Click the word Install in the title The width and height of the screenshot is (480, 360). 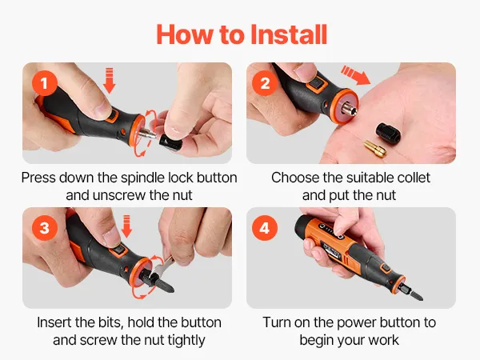289,34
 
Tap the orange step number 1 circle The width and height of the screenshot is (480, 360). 45,83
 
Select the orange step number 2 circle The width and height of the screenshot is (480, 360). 265,83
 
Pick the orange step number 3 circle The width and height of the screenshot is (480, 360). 45,228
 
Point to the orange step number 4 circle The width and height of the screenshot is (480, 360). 264,228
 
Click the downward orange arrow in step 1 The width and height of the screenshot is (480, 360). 110,81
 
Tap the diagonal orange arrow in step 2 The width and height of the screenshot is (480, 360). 356,74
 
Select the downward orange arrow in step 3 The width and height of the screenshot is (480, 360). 126,226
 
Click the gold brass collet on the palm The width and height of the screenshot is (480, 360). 375,148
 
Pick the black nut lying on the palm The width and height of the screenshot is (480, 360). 388,133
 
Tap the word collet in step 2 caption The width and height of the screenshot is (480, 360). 414,178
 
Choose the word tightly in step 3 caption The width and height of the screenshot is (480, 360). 186,341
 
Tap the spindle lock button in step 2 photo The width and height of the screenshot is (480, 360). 316,84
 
